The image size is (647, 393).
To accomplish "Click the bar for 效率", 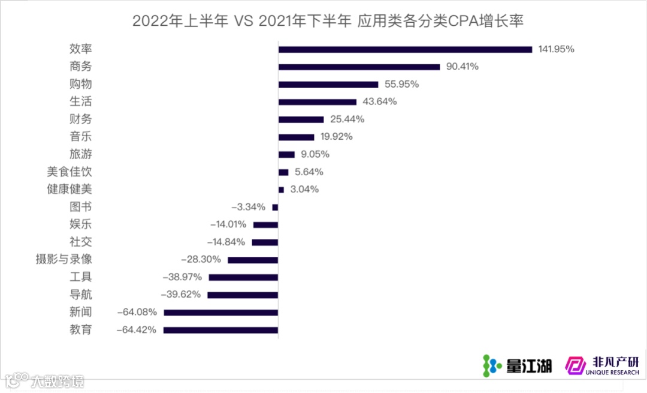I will click(405, 49).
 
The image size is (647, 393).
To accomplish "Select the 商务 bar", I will click(359, 67).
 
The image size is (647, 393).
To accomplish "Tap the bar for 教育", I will click(220, 330).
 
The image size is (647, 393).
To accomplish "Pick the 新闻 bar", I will click(221, 313).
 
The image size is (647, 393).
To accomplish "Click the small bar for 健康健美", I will click(281, 190).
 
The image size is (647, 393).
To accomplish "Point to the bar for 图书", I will click(275, 207).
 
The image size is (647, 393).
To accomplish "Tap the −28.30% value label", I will click(201, 260).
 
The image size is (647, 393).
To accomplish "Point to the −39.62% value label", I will click(181, 295).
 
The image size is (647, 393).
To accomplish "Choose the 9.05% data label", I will click(315, 154).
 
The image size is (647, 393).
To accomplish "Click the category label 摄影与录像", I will click(64, 260).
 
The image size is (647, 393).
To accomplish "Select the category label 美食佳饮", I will click(69, 172).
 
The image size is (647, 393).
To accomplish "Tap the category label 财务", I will click(81, 119).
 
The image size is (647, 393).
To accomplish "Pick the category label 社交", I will click(81, 242).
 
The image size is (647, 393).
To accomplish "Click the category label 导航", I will click(81, 295).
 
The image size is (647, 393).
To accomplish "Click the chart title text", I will click(328, 21).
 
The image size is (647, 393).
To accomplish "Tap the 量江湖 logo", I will click(517, 365).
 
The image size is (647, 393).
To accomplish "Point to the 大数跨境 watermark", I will click(46, 380).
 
